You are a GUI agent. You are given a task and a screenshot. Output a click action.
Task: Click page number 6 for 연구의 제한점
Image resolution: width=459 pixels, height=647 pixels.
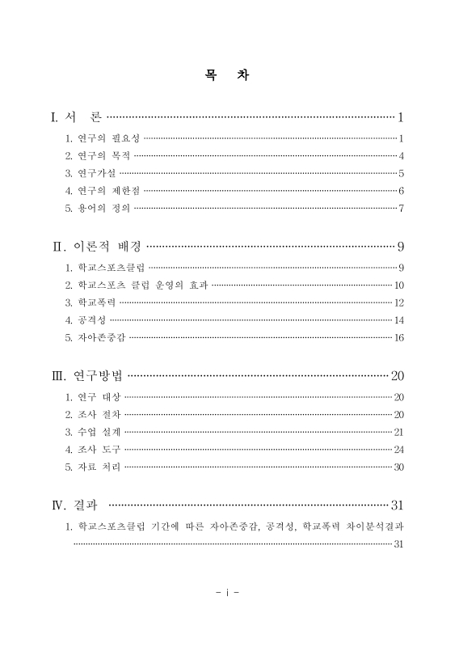(401, 191)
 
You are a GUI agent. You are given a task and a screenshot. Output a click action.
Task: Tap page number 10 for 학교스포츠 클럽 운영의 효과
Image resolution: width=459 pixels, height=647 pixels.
(399, 285)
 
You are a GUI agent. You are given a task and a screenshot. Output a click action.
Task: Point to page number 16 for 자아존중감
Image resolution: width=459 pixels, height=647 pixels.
(399, 337)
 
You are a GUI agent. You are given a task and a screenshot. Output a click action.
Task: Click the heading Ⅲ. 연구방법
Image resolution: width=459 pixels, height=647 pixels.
(87, 375)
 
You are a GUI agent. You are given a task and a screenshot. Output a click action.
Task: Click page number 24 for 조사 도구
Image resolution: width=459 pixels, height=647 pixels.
(399, 449)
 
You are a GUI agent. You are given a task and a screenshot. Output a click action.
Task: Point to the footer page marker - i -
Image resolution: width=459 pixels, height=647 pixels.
(229, 592)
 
